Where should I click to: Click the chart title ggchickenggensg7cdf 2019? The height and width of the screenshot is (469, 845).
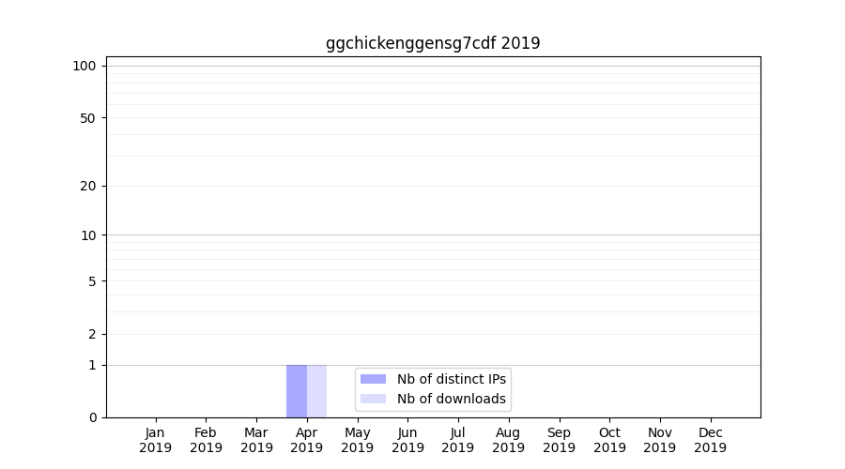(433, 43)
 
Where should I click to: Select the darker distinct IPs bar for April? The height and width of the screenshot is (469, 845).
(297, 390)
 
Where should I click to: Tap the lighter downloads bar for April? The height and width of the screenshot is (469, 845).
(316, 390)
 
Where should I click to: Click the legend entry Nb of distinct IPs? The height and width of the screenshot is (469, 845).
(451, 379)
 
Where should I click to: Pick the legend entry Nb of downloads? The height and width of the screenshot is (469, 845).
(451, 399)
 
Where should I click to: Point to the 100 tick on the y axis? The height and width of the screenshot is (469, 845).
(84, 66)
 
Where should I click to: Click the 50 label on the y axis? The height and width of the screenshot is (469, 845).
(88, 118)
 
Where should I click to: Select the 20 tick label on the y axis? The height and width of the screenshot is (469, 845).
(88, 186)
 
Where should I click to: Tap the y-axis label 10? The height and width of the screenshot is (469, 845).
(88, 235)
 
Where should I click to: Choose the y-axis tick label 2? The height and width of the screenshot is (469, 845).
(92, 335)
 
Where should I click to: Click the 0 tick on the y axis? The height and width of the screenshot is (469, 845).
(92, 417)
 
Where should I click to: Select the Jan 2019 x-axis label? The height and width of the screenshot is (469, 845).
(156, 440)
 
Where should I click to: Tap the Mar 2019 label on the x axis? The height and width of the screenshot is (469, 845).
(256, 440)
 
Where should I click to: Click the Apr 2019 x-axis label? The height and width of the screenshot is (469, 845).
(307, 440)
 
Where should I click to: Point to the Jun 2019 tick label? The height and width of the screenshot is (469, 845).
(407, 440)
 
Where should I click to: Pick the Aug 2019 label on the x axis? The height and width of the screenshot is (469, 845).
(508, 440)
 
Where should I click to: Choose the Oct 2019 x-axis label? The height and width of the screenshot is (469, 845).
(609, 440)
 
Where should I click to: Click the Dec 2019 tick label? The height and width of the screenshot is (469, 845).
(710, 440)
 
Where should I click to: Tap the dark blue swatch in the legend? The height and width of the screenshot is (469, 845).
(373, 379)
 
